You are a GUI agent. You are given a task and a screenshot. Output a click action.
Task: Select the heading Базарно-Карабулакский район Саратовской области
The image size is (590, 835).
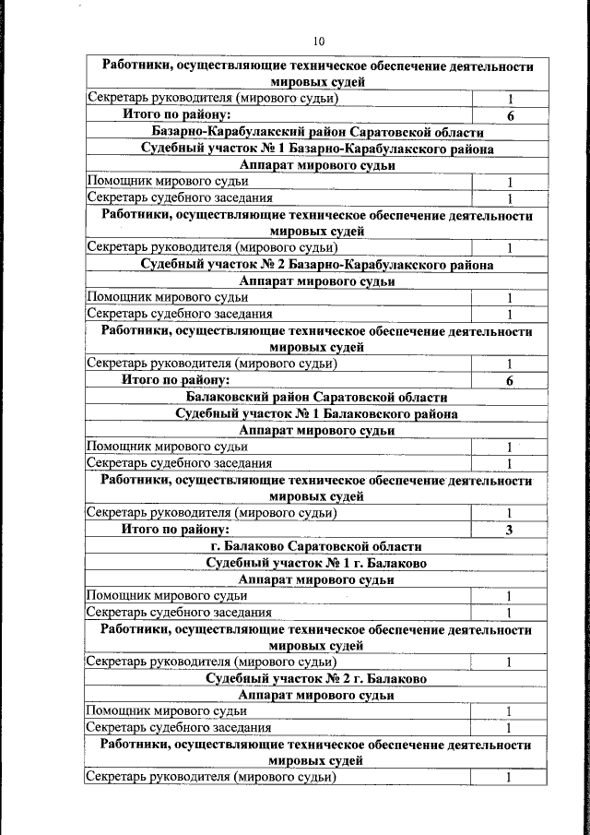(x=316, y=132)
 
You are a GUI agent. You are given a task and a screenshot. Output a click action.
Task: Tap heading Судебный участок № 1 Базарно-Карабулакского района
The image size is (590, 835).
(x=316, y=149)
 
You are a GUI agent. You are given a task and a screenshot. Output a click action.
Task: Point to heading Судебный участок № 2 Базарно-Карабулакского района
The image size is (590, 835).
(x=316, y=264)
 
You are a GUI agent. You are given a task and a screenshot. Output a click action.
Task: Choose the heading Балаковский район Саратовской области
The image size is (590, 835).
(x=316, y=397)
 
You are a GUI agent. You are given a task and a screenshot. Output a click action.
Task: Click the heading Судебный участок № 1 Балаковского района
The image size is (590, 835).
(x=316, y=413)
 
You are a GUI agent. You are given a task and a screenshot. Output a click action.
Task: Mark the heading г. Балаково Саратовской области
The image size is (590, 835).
(x=316, y=546)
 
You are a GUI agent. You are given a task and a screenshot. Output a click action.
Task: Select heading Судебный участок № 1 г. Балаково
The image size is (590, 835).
(x=316, y=563)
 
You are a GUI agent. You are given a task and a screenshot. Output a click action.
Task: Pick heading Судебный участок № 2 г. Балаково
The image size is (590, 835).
(x=316, y=678)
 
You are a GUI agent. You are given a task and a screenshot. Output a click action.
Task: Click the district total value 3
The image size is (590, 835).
(x=509, y=530)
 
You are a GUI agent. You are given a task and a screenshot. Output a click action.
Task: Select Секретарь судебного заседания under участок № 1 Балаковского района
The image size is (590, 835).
(x=179, y=462)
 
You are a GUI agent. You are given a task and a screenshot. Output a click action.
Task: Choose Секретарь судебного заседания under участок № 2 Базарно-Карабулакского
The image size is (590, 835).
(x=179, y=314)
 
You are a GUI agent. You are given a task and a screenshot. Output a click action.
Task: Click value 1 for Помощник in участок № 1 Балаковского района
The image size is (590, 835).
(x=509, y=447)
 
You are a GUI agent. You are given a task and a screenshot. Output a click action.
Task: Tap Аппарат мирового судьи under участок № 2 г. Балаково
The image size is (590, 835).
(x=316, y=695)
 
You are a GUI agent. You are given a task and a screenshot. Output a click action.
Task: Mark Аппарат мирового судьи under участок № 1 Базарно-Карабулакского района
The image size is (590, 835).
(x=316, y=165)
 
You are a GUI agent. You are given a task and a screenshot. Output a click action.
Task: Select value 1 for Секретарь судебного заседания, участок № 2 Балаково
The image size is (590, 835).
(x=509, y=727)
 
